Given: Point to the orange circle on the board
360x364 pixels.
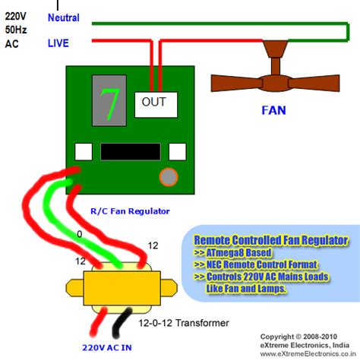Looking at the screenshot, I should (x=167, y=177).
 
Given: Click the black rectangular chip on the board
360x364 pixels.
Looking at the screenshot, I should (x=130, y=150).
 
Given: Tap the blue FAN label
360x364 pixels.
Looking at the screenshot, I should (x=273, y=110).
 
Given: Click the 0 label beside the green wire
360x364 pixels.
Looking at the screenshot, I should (x=79, y=234).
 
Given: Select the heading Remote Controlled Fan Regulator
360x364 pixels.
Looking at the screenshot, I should (x=270, y=240).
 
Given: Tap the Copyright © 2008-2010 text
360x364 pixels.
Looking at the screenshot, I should (x=298, y=335).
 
